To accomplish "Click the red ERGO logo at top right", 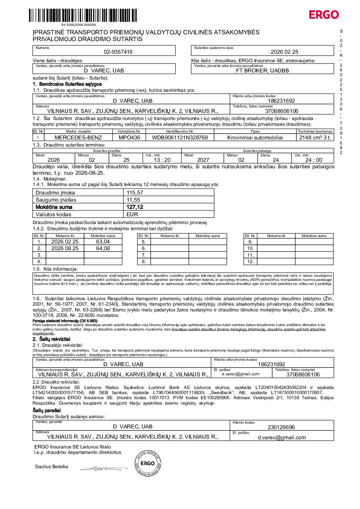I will (324, 15).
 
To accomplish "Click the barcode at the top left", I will (83, 16).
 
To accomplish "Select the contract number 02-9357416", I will (118, 52).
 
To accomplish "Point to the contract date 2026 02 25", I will (284, 52).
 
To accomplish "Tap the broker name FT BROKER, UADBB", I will (262, 71).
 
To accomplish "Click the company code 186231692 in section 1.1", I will (281, 101).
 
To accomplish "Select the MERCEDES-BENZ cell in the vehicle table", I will (78, 138).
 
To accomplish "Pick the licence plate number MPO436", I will (129, 138).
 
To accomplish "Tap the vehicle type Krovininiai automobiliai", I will (255, 138).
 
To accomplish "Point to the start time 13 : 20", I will (162, 160).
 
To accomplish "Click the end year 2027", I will (203, 160).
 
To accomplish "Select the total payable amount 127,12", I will (135, 207).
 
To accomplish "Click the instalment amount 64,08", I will (103, 249).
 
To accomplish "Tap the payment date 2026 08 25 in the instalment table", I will (65, 249).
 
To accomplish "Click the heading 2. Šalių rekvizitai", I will (51, 339).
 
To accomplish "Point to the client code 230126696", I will (281, 427).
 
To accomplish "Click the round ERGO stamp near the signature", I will (148, 463).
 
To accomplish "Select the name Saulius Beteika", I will (51, 467).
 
